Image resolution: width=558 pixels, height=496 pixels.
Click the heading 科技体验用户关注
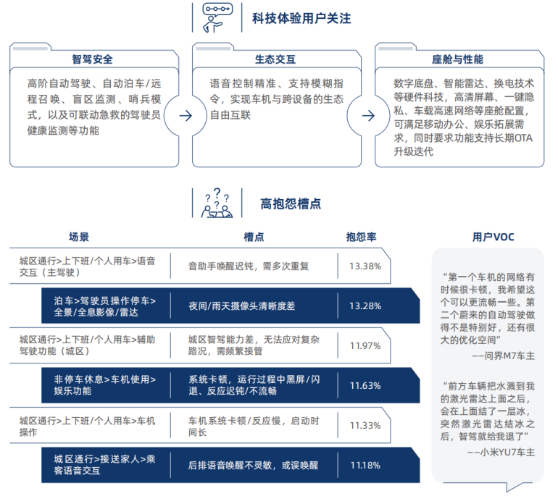[301, 19]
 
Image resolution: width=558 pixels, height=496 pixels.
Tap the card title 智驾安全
[93, 59]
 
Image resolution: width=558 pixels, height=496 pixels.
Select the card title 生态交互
[275, 59]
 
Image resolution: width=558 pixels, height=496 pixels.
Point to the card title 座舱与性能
[458, 59]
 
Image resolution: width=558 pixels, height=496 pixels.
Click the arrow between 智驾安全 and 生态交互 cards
[186, 116]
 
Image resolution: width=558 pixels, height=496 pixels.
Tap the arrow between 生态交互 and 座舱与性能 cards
[368, 116]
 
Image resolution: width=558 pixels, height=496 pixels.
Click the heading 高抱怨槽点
[291, 203]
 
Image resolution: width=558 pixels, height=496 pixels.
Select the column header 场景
[79, 237]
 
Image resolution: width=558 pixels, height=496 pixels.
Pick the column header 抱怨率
[361, 237]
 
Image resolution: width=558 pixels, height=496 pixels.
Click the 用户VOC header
[494, 237]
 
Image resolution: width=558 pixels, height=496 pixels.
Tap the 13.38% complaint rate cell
[365, 266]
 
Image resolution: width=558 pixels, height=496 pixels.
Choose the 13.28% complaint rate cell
[365, 306]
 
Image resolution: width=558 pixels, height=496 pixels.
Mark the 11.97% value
[365, 346]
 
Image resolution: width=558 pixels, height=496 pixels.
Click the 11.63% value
[365, 386]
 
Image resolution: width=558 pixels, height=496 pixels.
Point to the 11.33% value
[365, 426]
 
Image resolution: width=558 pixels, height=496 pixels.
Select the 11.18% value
[365, 466]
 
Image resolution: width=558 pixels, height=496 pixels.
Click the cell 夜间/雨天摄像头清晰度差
[241, 306]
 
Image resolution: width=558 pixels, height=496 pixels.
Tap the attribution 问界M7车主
[509, 356]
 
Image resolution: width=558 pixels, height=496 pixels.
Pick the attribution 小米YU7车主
[507, 453]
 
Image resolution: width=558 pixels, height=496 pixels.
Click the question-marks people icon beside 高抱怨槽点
[217, 203]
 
